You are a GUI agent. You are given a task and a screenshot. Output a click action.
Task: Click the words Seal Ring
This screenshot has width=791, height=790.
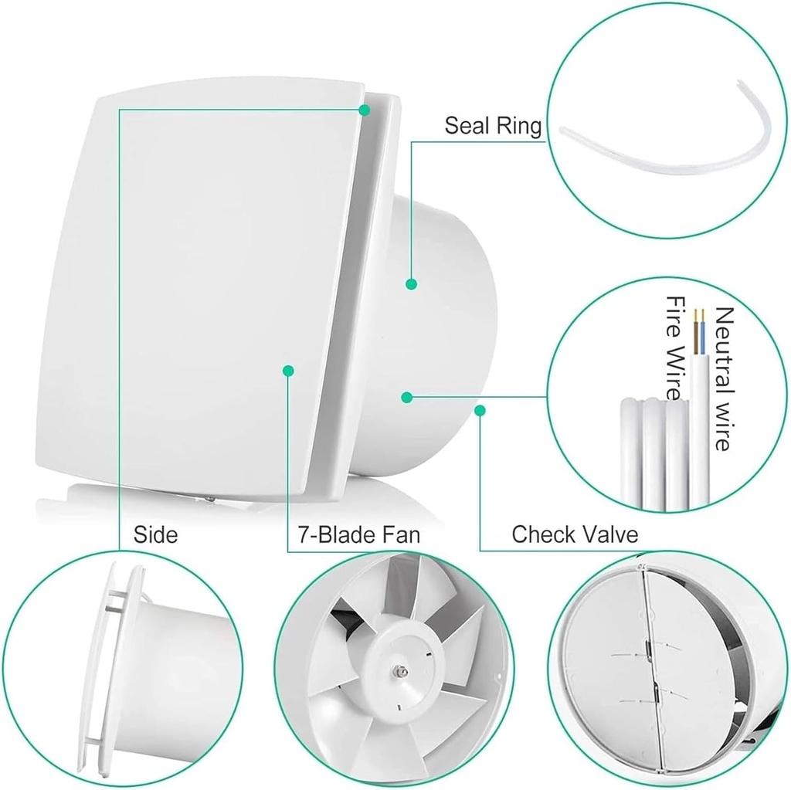493,126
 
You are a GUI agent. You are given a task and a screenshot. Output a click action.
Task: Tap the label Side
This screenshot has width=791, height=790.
155,534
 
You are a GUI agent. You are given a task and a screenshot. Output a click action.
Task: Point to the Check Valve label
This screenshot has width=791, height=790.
575,534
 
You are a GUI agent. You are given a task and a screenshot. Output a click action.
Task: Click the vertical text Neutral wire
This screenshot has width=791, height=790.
724,378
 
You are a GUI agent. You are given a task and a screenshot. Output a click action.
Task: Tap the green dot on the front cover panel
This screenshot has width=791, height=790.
289,371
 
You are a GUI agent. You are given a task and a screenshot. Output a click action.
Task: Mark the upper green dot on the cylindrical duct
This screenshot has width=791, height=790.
411,284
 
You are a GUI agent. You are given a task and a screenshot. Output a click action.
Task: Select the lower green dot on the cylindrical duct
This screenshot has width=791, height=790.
407,397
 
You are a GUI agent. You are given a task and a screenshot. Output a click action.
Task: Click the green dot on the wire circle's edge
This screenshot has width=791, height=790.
480,409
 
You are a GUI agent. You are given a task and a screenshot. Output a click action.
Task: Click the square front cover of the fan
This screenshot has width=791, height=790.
193,293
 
